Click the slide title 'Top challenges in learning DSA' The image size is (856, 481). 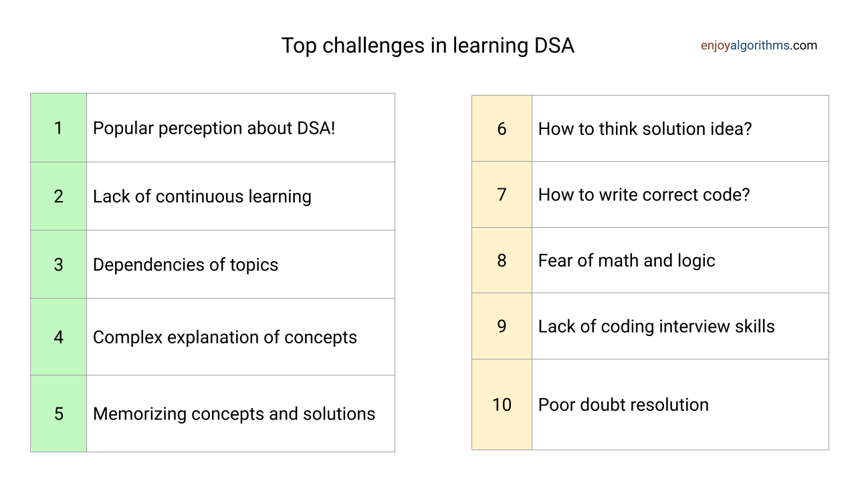point(427,46)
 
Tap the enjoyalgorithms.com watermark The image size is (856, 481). point(759,45)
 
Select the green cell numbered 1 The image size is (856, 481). point(58,128)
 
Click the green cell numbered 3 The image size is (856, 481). point(58,264)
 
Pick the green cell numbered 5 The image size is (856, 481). point(58,414)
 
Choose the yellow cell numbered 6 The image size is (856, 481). point(502,128)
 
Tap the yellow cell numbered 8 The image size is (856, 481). point(502,261)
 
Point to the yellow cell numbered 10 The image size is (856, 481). point(502,405)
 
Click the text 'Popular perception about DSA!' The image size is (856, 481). point(214,128)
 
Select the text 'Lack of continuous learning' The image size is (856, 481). point(202,197)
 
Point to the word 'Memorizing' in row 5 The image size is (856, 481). point(140,414)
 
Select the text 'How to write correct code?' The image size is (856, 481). point(644,194)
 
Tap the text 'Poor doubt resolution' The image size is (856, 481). point(623,405)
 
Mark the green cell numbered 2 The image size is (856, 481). point(58,196)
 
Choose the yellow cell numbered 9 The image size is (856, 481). point(502,326)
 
